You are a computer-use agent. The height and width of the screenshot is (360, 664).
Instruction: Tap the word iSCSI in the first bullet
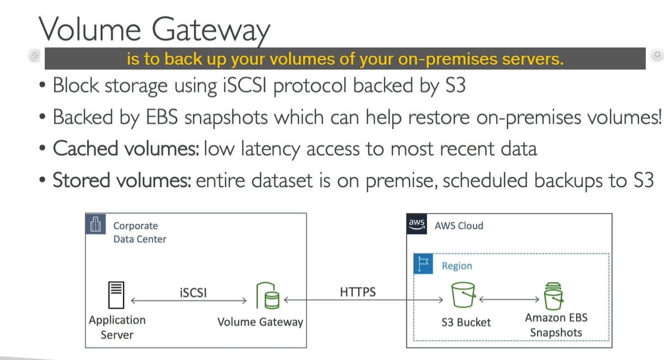tap(245, 86)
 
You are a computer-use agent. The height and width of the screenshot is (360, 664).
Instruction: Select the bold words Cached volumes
tap(126, 149)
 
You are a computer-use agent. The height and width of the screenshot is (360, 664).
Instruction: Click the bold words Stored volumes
tap(122, 180)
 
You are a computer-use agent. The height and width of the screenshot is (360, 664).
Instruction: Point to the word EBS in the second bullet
tap(161, 117)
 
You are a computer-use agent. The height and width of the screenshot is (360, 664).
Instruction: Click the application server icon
tap(116, 295)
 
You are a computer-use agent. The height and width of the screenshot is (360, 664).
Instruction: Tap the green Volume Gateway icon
tap(268, 295)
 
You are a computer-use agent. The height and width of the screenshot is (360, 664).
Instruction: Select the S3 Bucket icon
tap(463, 295)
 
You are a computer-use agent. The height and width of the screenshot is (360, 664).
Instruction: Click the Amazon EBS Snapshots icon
tap(553, 296)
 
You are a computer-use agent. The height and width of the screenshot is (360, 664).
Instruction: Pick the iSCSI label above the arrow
tap(193, 293)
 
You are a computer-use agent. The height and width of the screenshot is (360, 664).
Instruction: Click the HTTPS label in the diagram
tap(357, 292)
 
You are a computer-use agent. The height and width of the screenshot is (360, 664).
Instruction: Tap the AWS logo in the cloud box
tap(417, 224)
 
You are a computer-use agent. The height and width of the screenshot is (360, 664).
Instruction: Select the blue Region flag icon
tap(423, 264)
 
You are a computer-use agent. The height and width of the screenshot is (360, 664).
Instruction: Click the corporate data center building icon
tap(96, 224)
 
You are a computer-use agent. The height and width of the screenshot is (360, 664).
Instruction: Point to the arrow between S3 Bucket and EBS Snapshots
tap(509, 300)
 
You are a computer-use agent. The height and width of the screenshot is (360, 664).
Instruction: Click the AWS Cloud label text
tap(459, 226)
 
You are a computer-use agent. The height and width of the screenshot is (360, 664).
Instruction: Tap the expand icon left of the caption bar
tap(35, 55)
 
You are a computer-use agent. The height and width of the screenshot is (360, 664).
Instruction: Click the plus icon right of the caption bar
tap(657, 55)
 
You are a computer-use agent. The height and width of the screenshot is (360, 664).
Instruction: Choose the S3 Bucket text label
tap(466, 322)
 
